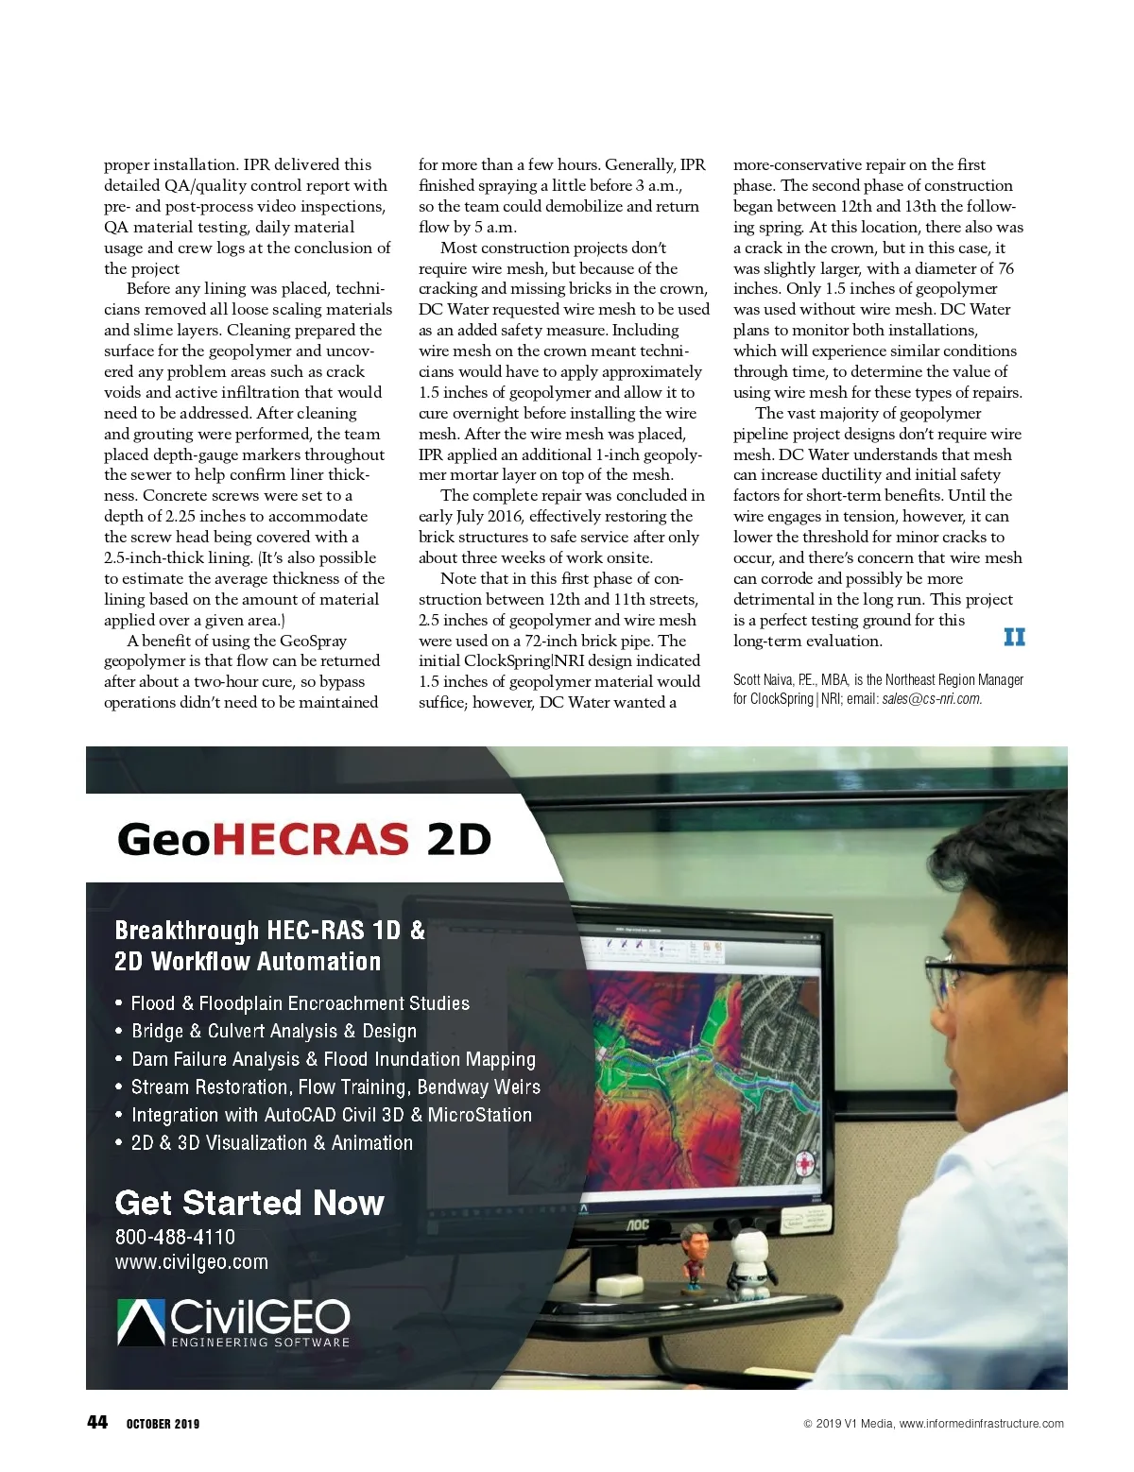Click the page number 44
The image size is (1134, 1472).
[97, 1422]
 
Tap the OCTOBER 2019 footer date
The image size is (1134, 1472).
[163, 1424]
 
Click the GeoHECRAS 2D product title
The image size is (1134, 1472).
[304, 839]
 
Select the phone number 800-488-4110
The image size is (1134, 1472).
[175, 1237]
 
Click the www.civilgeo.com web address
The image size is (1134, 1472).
[192, 1262]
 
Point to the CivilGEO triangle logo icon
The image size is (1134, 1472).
[141, 1321]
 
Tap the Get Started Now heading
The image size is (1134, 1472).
[249, 1203]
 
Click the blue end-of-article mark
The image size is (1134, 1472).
[1014, 637]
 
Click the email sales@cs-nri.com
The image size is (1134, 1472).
[932, 699]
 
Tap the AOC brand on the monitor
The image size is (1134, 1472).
[639, 1224]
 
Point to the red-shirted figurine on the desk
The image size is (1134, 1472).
[695, 1258]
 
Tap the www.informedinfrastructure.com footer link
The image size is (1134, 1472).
[981, 1424]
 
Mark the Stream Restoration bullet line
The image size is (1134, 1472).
[335, 1087]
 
